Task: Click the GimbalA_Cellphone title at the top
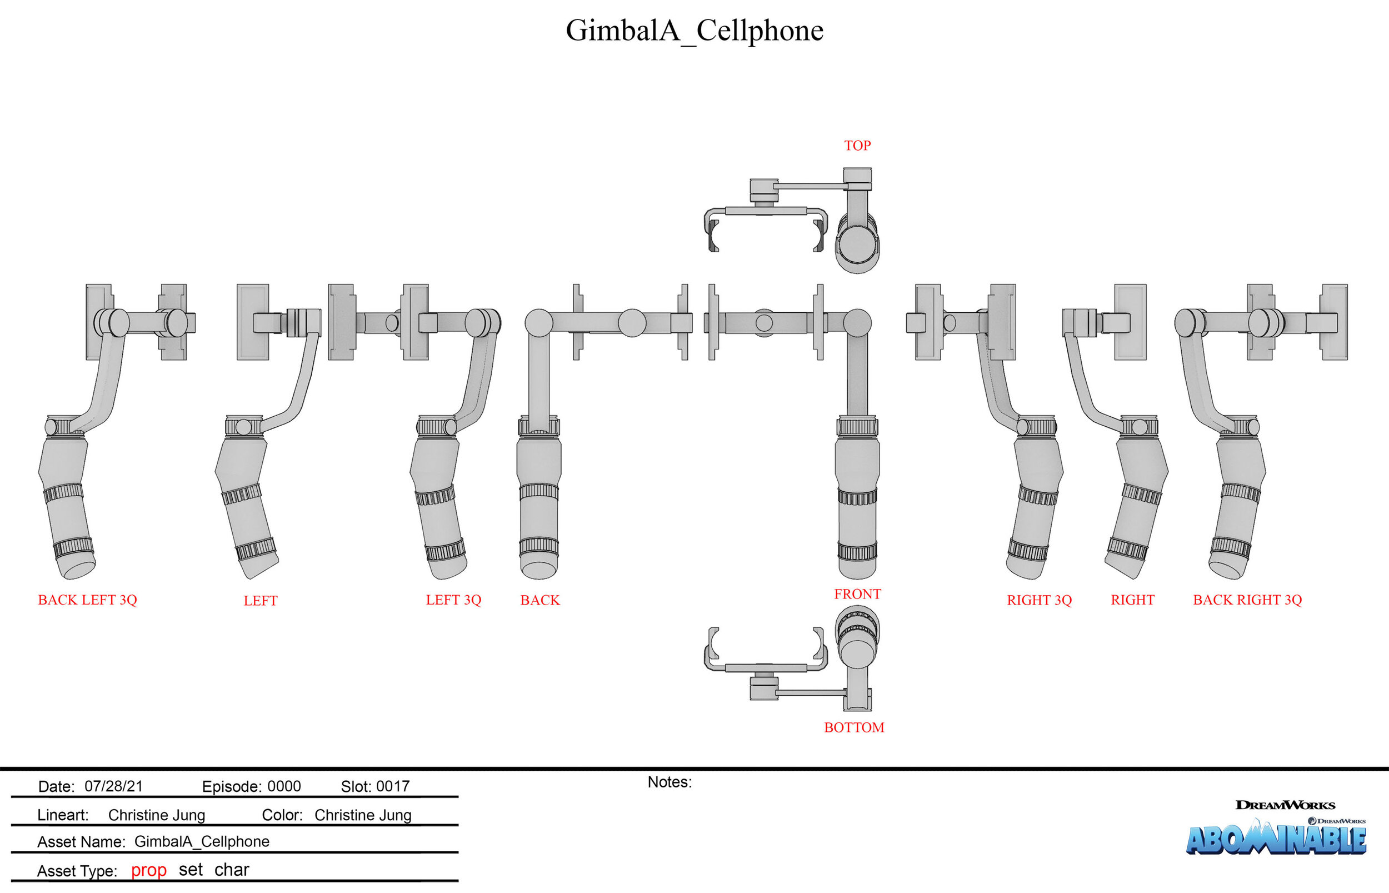[694, 30]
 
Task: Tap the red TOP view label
[857, 146]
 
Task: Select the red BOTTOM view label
[854, 727]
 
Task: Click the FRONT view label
[857, 594]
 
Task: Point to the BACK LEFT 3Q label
[88, 600]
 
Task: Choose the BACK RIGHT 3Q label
[1247, 600]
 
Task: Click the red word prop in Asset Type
[148, 870]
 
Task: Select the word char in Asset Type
[231, 869]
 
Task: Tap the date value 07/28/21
[114, 786]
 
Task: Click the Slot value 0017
[392, 786]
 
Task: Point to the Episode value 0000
[284, 786]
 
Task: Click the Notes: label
[669, 782]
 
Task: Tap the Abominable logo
[1275, 838]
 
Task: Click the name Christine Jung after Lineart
[157, 815]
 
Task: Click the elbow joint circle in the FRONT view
[857, 322]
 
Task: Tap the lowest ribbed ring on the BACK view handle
[538, 546]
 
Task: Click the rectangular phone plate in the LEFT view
[253, 322]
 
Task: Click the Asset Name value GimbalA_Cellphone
[202, 841]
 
